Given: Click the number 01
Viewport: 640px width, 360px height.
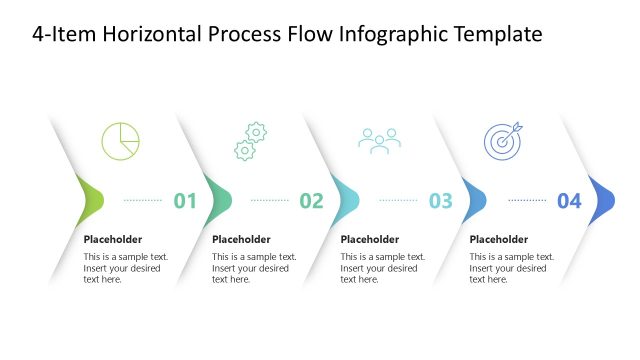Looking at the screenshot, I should click(x=185, y=201).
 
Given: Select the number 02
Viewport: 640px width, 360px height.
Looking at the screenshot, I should click(x=312, y=201).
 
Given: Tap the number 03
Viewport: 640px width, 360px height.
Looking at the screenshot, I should click(x=440, y=201).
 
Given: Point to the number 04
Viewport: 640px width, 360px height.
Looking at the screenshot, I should click(x=569, y=201).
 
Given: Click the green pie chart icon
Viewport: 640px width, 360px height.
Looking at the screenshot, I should click(x=120, y=141).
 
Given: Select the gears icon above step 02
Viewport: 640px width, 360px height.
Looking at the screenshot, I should click(x=250, y=141).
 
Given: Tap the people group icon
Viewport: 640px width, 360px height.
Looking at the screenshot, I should click(x=379, y=141).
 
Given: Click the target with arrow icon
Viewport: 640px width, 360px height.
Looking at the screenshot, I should click(x=502, y=141).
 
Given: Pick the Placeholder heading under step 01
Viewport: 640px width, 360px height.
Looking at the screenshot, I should click(x=113, y=239).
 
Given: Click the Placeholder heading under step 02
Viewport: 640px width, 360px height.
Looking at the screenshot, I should click(x=241, y=239).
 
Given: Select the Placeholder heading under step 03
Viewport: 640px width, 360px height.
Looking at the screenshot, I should click(x=370, y=239).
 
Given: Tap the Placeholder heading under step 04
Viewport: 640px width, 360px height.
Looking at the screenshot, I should click(x=498, y=239).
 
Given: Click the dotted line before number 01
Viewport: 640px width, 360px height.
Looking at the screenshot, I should click(x=143, y=200).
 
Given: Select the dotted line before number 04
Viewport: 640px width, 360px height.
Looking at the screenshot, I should click(x=527, y=200).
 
